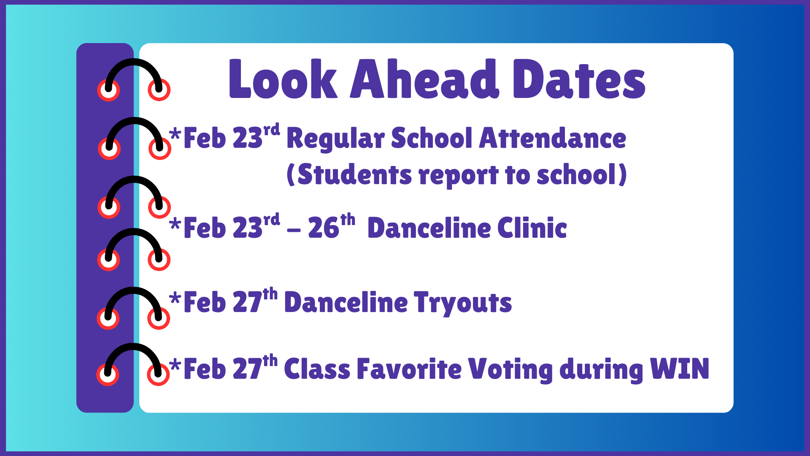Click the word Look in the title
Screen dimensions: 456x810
pyautogui.click(x=283, y=79)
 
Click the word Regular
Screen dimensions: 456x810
pyautogui.click(x=335, y=139)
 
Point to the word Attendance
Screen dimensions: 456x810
pyautogui.click(x=553, y=138)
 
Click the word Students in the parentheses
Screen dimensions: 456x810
pyautogui.click(x=354, y=174)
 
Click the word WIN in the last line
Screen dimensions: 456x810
pyautogui.click(x=680, y=369)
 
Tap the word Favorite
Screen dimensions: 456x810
pyautogui.click(x=409, y=369)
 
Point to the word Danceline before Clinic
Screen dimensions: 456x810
pyautogui.click(x=429, y=228)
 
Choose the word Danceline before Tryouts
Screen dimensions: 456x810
pyautogui.click(x=346, y=303)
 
